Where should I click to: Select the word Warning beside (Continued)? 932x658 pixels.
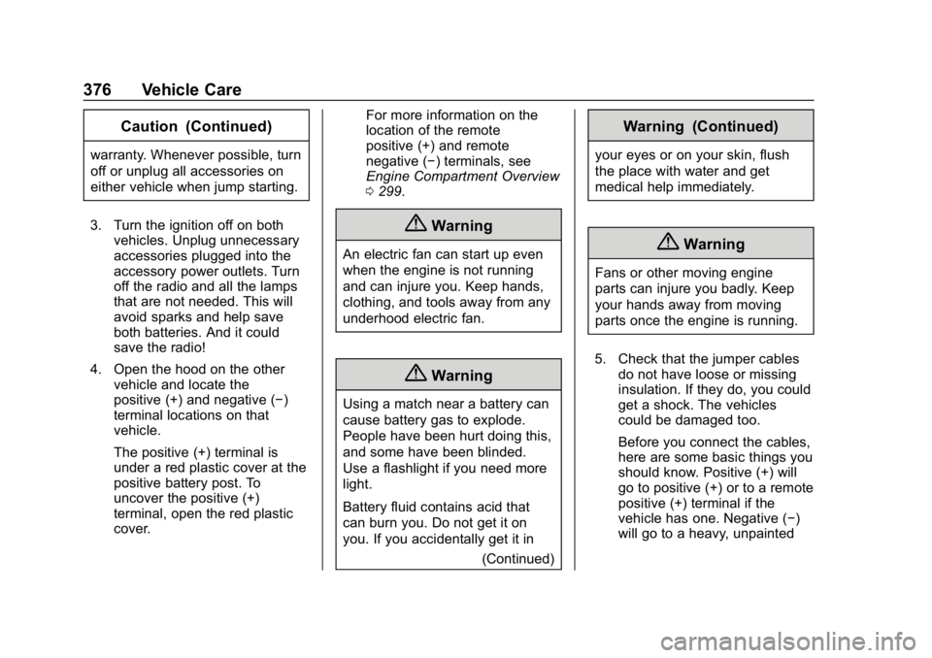click(x=652, y=127)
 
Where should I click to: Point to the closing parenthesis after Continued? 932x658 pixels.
click(x=778, y=127)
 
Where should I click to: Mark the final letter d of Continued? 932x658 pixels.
click(x=771, y=127)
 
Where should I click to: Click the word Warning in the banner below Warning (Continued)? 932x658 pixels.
click(x=714, y=245)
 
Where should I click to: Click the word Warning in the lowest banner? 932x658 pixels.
click(x=461, y=376)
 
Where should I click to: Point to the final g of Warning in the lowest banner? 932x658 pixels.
click(x=486, y=377)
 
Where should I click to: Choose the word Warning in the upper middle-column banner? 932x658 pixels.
click(x=461, y=226)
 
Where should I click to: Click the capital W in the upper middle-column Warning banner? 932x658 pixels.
click(x=439, y=226)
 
